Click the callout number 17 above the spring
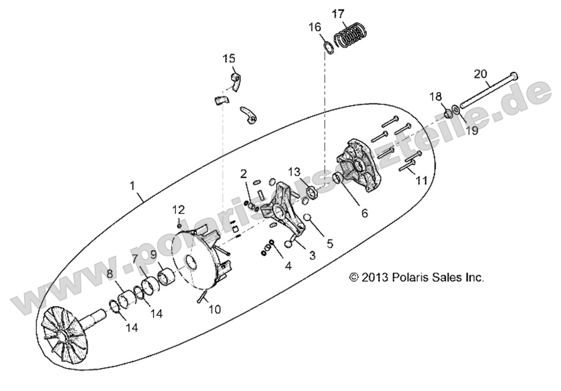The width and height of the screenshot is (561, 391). point(354,12)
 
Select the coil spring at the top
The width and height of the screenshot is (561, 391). point(351,34)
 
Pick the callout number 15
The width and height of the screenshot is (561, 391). point(229,58)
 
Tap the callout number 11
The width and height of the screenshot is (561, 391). point(421,180)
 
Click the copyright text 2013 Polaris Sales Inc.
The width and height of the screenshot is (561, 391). point(416,277)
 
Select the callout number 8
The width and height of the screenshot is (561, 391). point(109,274)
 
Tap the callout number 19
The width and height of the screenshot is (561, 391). point(471,131)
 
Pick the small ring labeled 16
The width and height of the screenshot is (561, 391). point(328,46)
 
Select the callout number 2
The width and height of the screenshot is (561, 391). point(244,173)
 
